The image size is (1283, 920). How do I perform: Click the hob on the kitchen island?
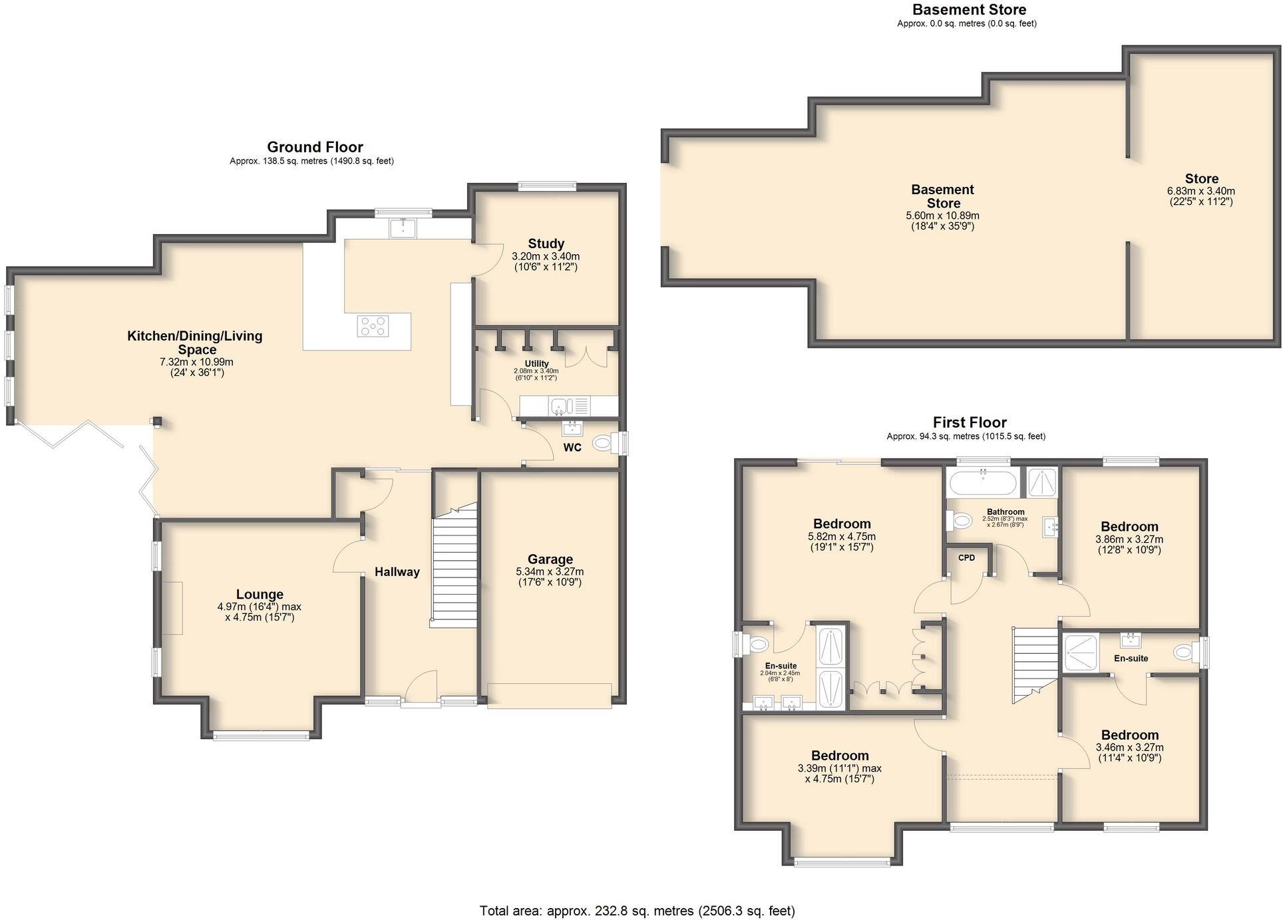coord(373,326)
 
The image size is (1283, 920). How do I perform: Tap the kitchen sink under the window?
coord(403,228)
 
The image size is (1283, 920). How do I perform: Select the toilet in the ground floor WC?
coord(603,442)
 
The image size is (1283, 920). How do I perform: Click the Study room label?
coord(546,243)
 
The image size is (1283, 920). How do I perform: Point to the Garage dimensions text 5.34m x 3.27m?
coord(550,571)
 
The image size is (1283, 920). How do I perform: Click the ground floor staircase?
coord(455,565)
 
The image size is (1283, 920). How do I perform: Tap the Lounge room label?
coord(260,594)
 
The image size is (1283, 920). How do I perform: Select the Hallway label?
coord(397,571)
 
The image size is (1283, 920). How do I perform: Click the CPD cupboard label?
coord(966,557)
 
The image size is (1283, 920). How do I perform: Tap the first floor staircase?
coord(1035,664)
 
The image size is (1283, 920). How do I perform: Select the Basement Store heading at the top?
coord(968,9)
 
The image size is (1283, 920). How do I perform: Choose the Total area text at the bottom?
coord(637,910)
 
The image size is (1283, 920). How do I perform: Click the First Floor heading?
coord(969,422)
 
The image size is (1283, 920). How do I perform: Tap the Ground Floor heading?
coord(315,147)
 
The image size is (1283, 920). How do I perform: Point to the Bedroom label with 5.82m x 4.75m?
coord(841,524)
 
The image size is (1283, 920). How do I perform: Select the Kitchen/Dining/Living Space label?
coord(195,342)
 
